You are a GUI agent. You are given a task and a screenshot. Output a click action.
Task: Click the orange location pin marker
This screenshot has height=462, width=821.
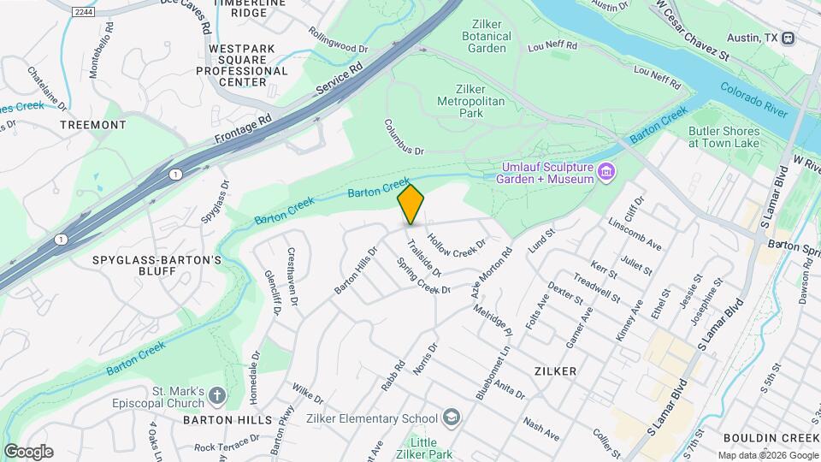411,204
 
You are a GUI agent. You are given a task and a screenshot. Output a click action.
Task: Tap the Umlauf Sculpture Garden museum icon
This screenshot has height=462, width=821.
606,173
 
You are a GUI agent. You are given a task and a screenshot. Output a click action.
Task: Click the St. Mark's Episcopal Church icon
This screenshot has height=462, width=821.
217,395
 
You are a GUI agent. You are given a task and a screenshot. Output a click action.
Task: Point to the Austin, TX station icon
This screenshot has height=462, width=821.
788,38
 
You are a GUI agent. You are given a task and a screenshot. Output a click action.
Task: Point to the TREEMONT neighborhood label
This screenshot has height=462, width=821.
93,125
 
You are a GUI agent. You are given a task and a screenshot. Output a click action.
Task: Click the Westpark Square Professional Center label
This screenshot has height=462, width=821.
231,66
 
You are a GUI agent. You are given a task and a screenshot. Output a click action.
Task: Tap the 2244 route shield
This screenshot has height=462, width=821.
82,12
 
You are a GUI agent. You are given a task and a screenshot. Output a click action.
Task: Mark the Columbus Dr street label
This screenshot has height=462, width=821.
405,137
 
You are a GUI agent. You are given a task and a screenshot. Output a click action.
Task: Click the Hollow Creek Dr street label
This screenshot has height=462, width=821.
456,245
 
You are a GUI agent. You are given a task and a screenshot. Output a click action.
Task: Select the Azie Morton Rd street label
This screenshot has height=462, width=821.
490,273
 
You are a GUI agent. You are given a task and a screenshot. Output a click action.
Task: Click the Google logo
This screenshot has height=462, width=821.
28,452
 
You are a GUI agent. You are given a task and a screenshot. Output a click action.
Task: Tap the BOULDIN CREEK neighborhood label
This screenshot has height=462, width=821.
771,438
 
